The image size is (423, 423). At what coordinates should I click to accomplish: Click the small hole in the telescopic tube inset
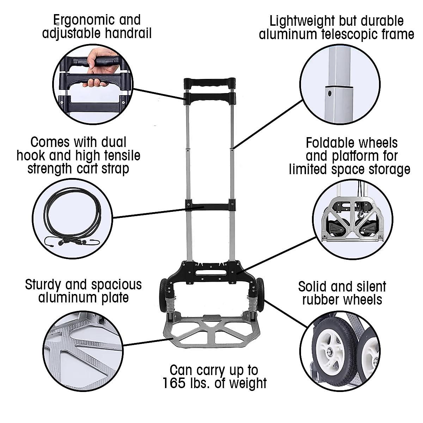pyautogui.click(x=330, y=93)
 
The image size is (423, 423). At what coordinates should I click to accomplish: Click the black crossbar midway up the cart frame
pyautogui.click(x=209, y=204)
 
